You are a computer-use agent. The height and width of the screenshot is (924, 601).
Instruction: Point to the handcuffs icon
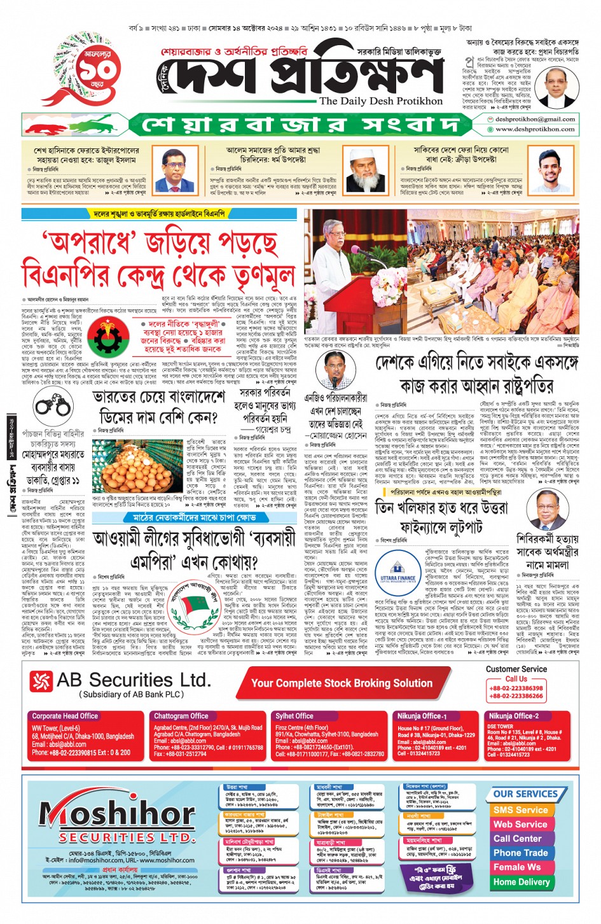pyautogui.click(x=53, y=405)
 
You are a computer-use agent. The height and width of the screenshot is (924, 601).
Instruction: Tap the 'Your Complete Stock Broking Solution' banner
pyautogui.click(x=342, y=683)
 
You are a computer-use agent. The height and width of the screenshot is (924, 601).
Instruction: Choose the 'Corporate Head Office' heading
pyautogui.click(x=65, y=716)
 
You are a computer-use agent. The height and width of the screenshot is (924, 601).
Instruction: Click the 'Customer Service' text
pyautogui.click(x=516, y=669)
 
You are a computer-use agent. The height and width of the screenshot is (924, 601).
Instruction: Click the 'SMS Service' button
pyautogui.click(x=520, y=810)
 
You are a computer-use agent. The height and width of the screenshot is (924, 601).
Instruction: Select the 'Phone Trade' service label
pyautogui.click(x=520, y=853)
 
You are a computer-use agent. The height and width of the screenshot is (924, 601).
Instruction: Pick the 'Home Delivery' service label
pyautogui.click(x=521, y=882)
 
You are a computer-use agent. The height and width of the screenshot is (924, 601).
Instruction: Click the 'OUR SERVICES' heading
pyautogui.click(x=525, y=794)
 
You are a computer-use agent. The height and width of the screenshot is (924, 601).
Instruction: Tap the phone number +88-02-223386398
pyautogui.click(x=516, y=688)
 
